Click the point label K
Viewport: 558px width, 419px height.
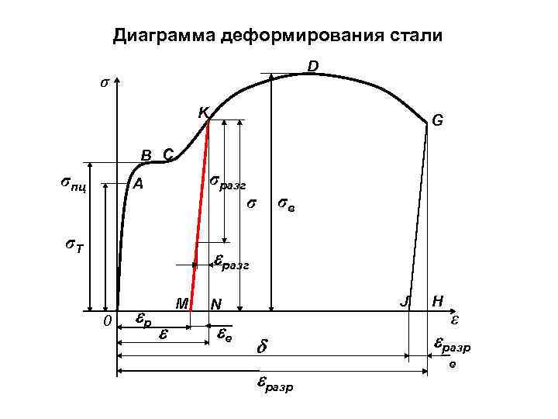202,113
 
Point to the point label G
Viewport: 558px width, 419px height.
437,121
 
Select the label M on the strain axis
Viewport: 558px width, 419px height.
182,303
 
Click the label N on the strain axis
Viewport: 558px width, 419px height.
216,305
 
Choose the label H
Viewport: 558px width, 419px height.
438,302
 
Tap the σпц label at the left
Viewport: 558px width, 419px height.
72,185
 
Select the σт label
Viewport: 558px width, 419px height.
74,247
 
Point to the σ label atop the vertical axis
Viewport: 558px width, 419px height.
105,83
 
